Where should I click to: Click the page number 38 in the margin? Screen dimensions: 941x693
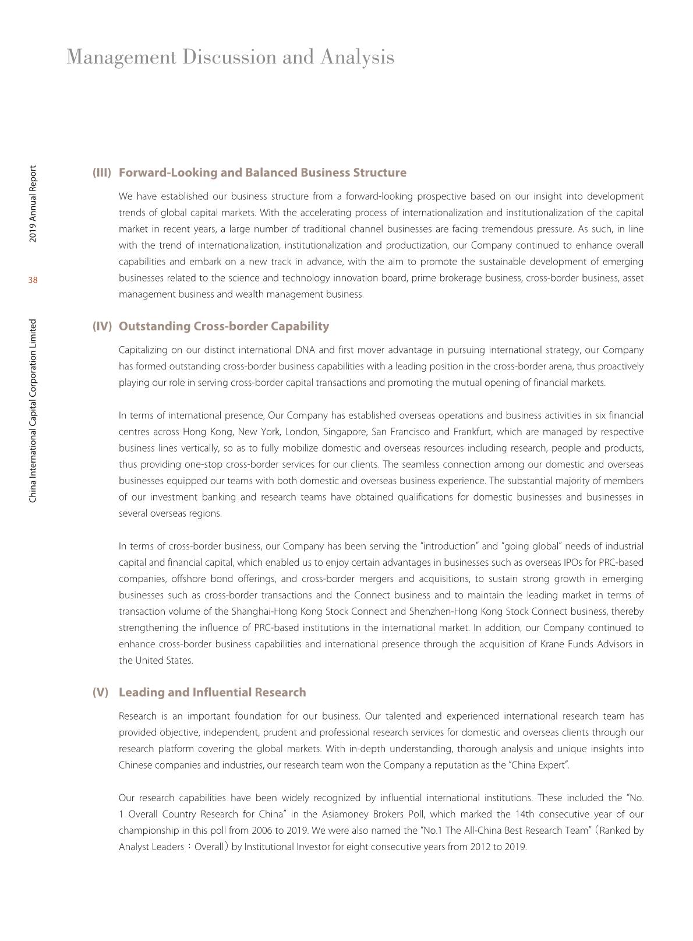33,280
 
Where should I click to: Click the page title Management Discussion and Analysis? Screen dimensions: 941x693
230,57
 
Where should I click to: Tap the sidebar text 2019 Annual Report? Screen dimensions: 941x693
33,204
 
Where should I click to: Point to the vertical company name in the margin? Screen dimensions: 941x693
33,410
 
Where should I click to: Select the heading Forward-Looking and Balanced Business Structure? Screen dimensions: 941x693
262,172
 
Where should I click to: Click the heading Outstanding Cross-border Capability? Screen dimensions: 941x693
224,326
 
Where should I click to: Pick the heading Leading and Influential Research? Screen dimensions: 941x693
212,692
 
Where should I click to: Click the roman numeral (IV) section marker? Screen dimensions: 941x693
102,326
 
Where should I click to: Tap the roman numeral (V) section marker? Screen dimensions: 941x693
100,692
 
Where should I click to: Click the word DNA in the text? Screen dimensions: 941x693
305,350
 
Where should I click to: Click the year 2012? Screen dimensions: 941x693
458,847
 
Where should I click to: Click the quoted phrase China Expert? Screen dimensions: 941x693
539,765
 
